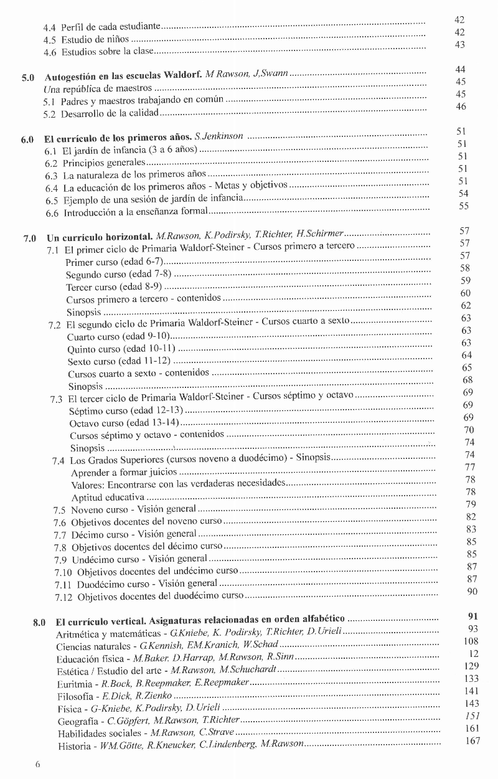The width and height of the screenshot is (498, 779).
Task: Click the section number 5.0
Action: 28,78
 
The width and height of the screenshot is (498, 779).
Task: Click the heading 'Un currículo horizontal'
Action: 100,237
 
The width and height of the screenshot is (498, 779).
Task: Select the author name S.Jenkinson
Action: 218,136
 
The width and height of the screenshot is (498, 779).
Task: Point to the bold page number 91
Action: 472,616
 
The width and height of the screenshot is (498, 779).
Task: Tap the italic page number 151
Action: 472,716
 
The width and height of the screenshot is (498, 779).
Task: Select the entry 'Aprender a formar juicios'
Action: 115,472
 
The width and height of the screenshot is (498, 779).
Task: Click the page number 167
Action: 472,741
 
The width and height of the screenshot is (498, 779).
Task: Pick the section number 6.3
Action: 52,176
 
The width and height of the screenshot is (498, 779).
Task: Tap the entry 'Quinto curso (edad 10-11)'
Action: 121,349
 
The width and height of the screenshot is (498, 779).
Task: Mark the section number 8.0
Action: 39,621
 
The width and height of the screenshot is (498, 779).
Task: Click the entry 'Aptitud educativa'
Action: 108,497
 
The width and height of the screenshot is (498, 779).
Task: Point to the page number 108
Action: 471,641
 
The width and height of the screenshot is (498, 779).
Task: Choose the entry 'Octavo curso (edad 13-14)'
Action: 120,423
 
